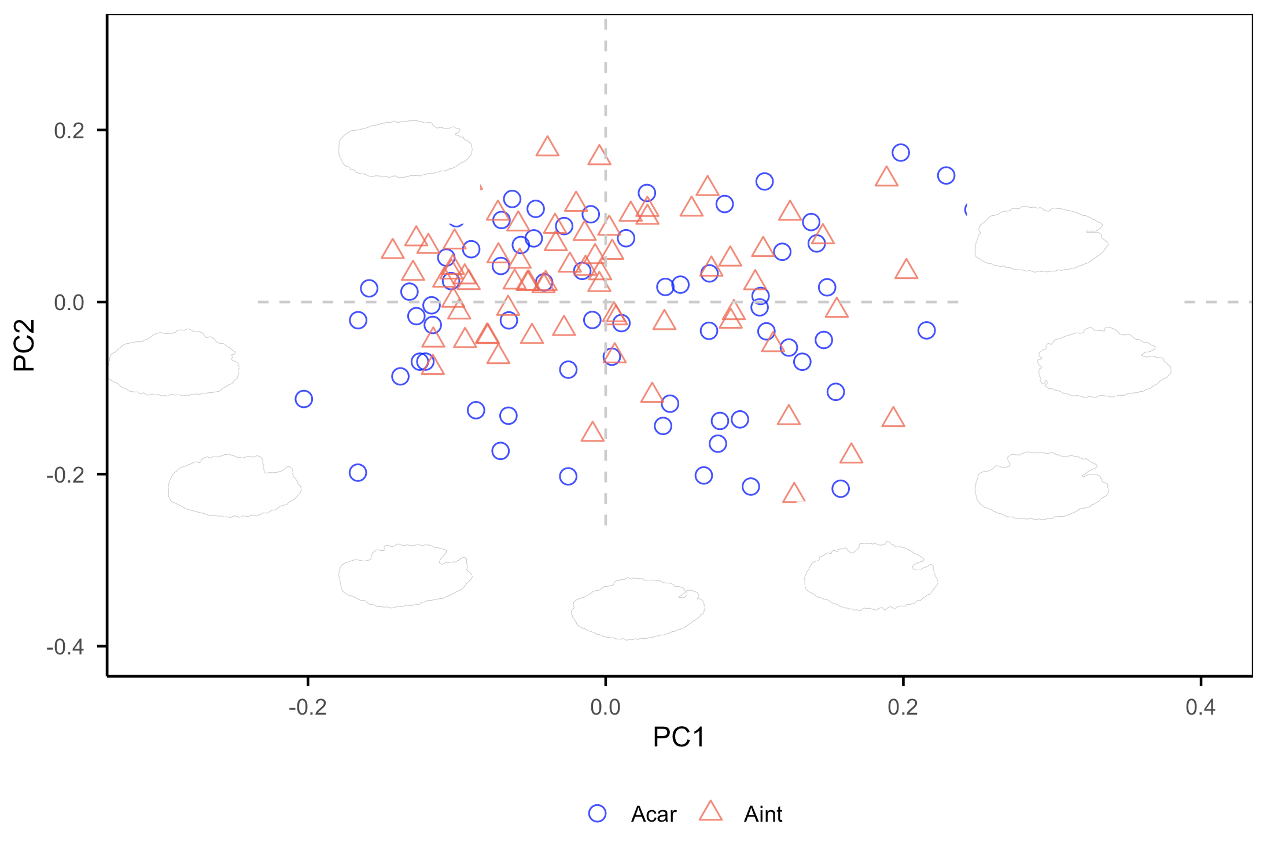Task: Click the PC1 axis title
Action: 679,737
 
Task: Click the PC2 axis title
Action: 24,345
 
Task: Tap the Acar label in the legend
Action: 653,814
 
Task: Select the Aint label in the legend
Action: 763,814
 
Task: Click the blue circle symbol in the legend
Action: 597,813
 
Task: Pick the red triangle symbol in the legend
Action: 710,812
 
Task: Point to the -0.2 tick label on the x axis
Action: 307,707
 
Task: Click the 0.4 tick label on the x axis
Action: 1200,707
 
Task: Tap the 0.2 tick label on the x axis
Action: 903,707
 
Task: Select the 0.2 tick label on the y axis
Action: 69,131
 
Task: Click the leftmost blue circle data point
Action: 304,399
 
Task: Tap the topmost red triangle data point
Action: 547,147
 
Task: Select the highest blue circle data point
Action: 900,153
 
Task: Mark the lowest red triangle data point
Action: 793,494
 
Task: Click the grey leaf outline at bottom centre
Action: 638,608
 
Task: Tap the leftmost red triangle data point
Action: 392,249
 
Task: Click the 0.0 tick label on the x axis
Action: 605,707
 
